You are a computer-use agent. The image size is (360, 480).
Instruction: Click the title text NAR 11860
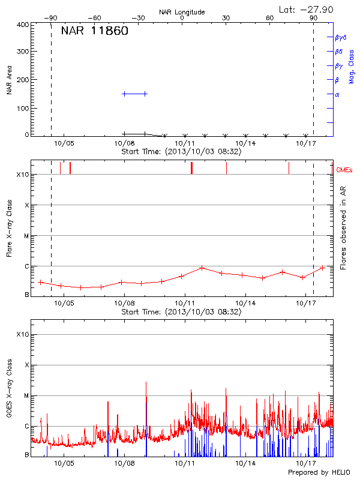click(94, 32)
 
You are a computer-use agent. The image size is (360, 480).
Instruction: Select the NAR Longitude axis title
click(182, 12)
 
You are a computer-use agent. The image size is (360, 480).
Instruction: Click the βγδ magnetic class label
click(341, 37)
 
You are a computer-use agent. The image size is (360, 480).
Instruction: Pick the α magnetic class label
click(337, 94)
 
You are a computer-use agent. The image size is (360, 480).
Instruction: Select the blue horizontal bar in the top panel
click(134, 94)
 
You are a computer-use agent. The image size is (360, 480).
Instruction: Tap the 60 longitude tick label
click(269, 18)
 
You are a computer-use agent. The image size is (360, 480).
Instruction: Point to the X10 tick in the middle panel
click(22, 175)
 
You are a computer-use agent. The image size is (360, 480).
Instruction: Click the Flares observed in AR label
click(343, 229)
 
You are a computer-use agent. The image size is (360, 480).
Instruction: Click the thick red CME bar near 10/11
click(191, 168)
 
